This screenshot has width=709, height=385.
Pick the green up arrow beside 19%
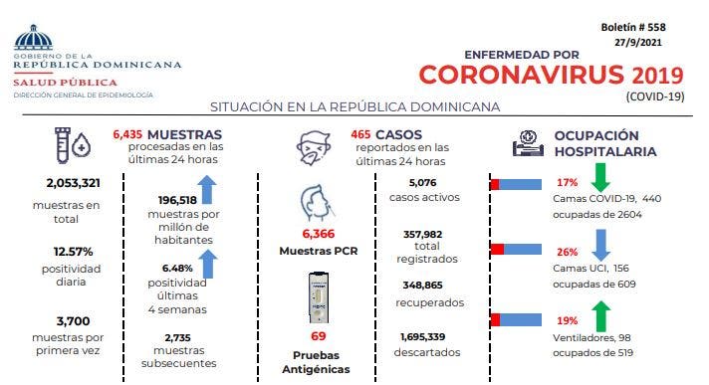click(600, 315)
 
